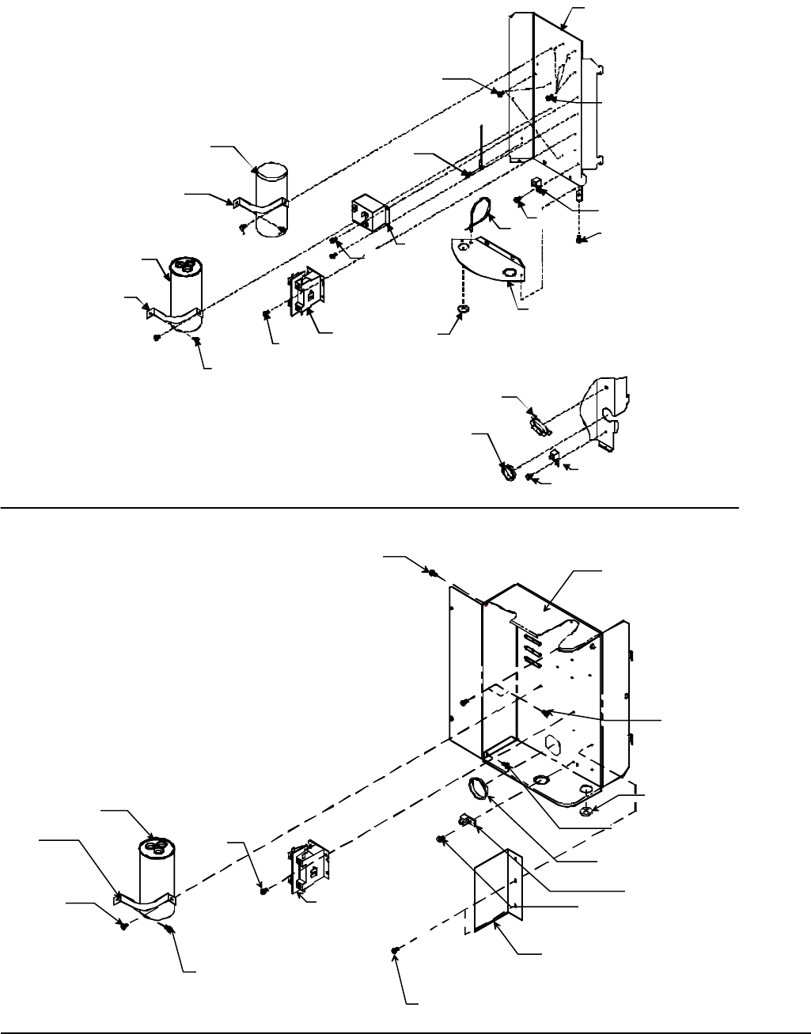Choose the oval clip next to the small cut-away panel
539,423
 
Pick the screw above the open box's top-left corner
433,571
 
